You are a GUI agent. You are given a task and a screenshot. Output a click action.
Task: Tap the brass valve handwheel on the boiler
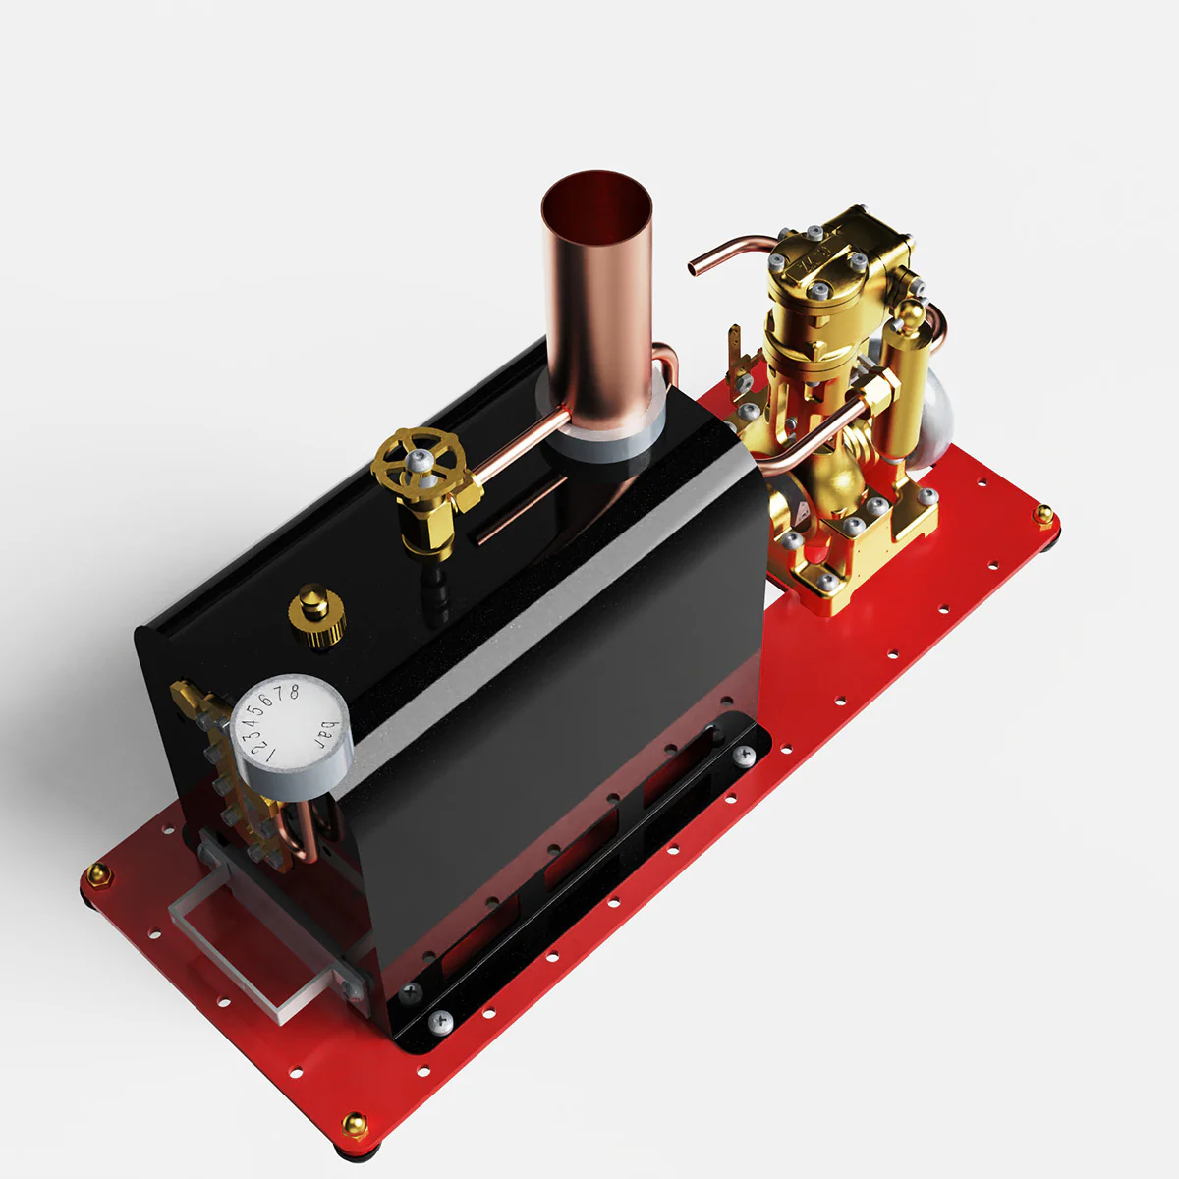(419, 461)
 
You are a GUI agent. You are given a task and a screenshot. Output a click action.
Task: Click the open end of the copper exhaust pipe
(696, 263)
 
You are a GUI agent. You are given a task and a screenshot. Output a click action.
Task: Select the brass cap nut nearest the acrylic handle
(96, 873)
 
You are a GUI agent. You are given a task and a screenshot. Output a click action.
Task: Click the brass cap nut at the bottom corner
(355, 1123)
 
